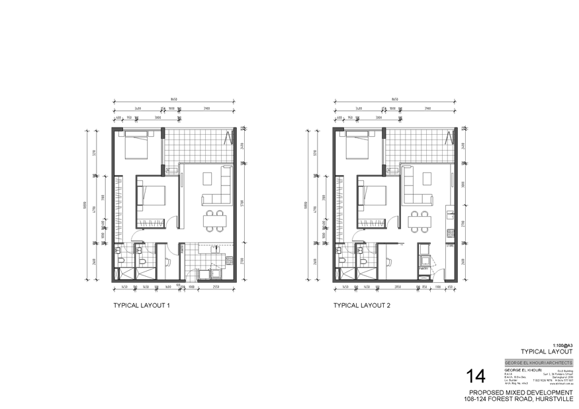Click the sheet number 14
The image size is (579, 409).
pyautogui.click(x=476, y=377)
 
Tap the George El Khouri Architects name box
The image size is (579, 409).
pyautogui.click(x=539, y=363)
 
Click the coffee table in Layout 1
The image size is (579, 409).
pyautogui.click(x=207, y=178)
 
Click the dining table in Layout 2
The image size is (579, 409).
pyautogui.click(x=418, y=221)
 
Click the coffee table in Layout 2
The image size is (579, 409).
pyautogui.click(x=427, y=178)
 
